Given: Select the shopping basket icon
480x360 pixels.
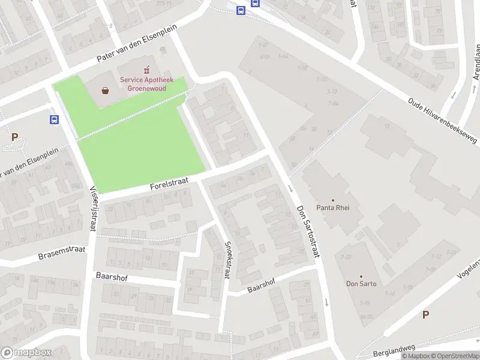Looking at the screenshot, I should pyautogui.click(x=106, y=91).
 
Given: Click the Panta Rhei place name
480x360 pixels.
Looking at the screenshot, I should pyautogui.click(x=332, y=208).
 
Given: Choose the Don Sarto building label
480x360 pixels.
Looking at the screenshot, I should pyautogui.click(x=361, y=284).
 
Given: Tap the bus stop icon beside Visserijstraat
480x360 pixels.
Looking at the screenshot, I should pyautogui.click(x=55, y=119).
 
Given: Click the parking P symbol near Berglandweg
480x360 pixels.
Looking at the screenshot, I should pyautogui.click(x=425, y=314).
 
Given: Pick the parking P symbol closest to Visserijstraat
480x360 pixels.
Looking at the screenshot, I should pyautogui.click(x=14, y=137).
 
